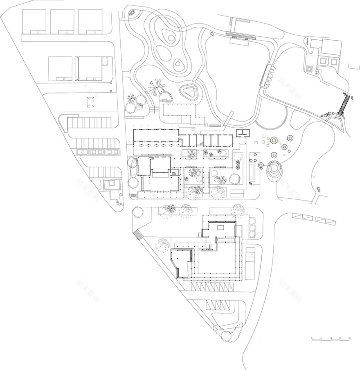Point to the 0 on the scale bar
click(x=312, y=338)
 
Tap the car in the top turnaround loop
click(x=133, y=13)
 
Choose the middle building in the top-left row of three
click(x=62, y=21)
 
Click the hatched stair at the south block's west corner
click(x=138, y=235)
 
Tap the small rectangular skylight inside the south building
click(x=220, y=227)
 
